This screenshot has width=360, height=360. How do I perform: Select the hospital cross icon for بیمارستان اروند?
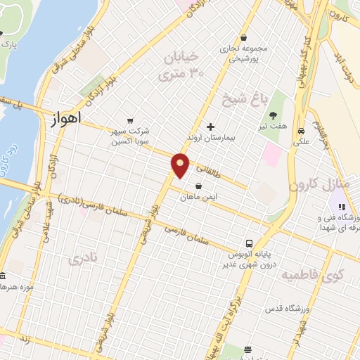coord(210,127)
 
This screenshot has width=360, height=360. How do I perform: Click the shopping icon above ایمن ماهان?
coord(200,186)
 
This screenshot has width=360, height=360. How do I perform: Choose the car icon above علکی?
coord(300,131)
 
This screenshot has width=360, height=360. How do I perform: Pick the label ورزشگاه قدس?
coord(283,309)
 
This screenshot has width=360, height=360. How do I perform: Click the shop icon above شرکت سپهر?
coord(129,120)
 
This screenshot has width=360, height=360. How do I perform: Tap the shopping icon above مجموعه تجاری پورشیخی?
coord(243,38)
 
